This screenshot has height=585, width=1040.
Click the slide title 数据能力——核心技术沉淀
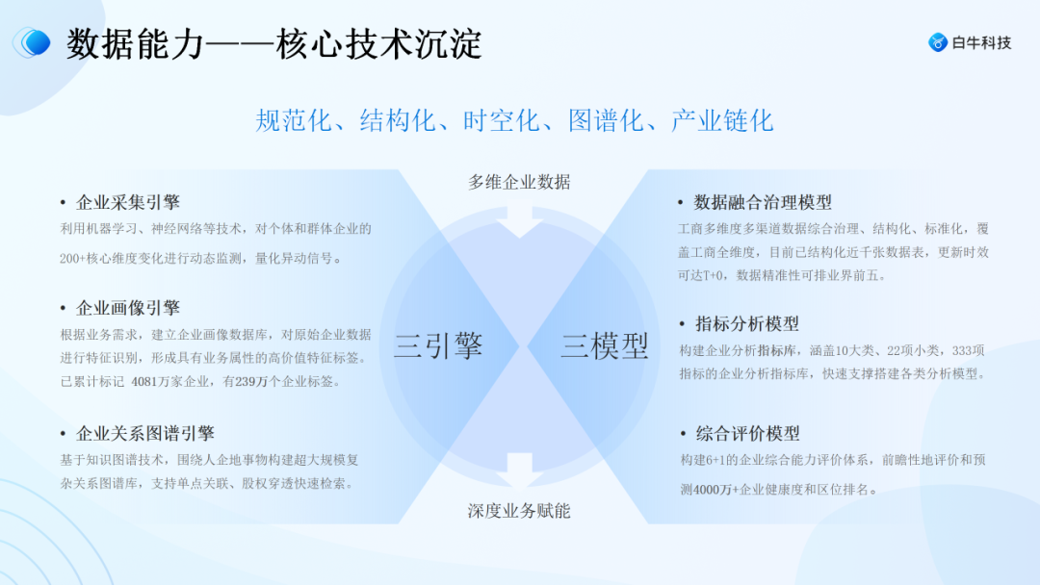point(274,44)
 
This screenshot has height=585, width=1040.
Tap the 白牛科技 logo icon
point(937,42)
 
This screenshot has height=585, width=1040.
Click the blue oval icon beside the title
point(34,42)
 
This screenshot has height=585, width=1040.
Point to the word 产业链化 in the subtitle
point(722,120)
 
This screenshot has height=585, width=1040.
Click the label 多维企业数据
point(519,182)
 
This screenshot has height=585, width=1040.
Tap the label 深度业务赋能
point(519,510)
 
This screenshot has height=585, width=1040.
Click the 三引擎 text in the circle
point(438,344)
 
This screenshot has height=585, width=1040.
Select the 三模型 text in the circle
point(605,344)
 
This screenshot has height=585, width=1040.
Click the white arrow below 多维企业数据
point(519,219)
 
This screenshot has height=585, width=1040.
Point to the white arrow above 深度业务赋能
point(519,471)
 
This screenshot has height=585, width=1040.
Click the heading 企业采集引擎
point(128,202)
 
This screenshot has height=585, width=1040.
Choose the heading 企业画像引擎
point(128,308)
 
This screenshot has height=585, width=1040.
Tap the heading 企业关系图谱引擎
point(145,433)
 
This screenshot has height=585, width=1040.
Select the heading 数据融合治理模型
point(763,202)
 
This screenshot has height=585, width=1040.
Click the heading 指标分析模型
point(747,323)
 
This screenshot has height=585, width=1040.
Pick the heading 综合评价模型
point(747,433)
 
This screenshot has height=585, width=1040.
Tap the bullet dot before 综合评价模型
point(682,434)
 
